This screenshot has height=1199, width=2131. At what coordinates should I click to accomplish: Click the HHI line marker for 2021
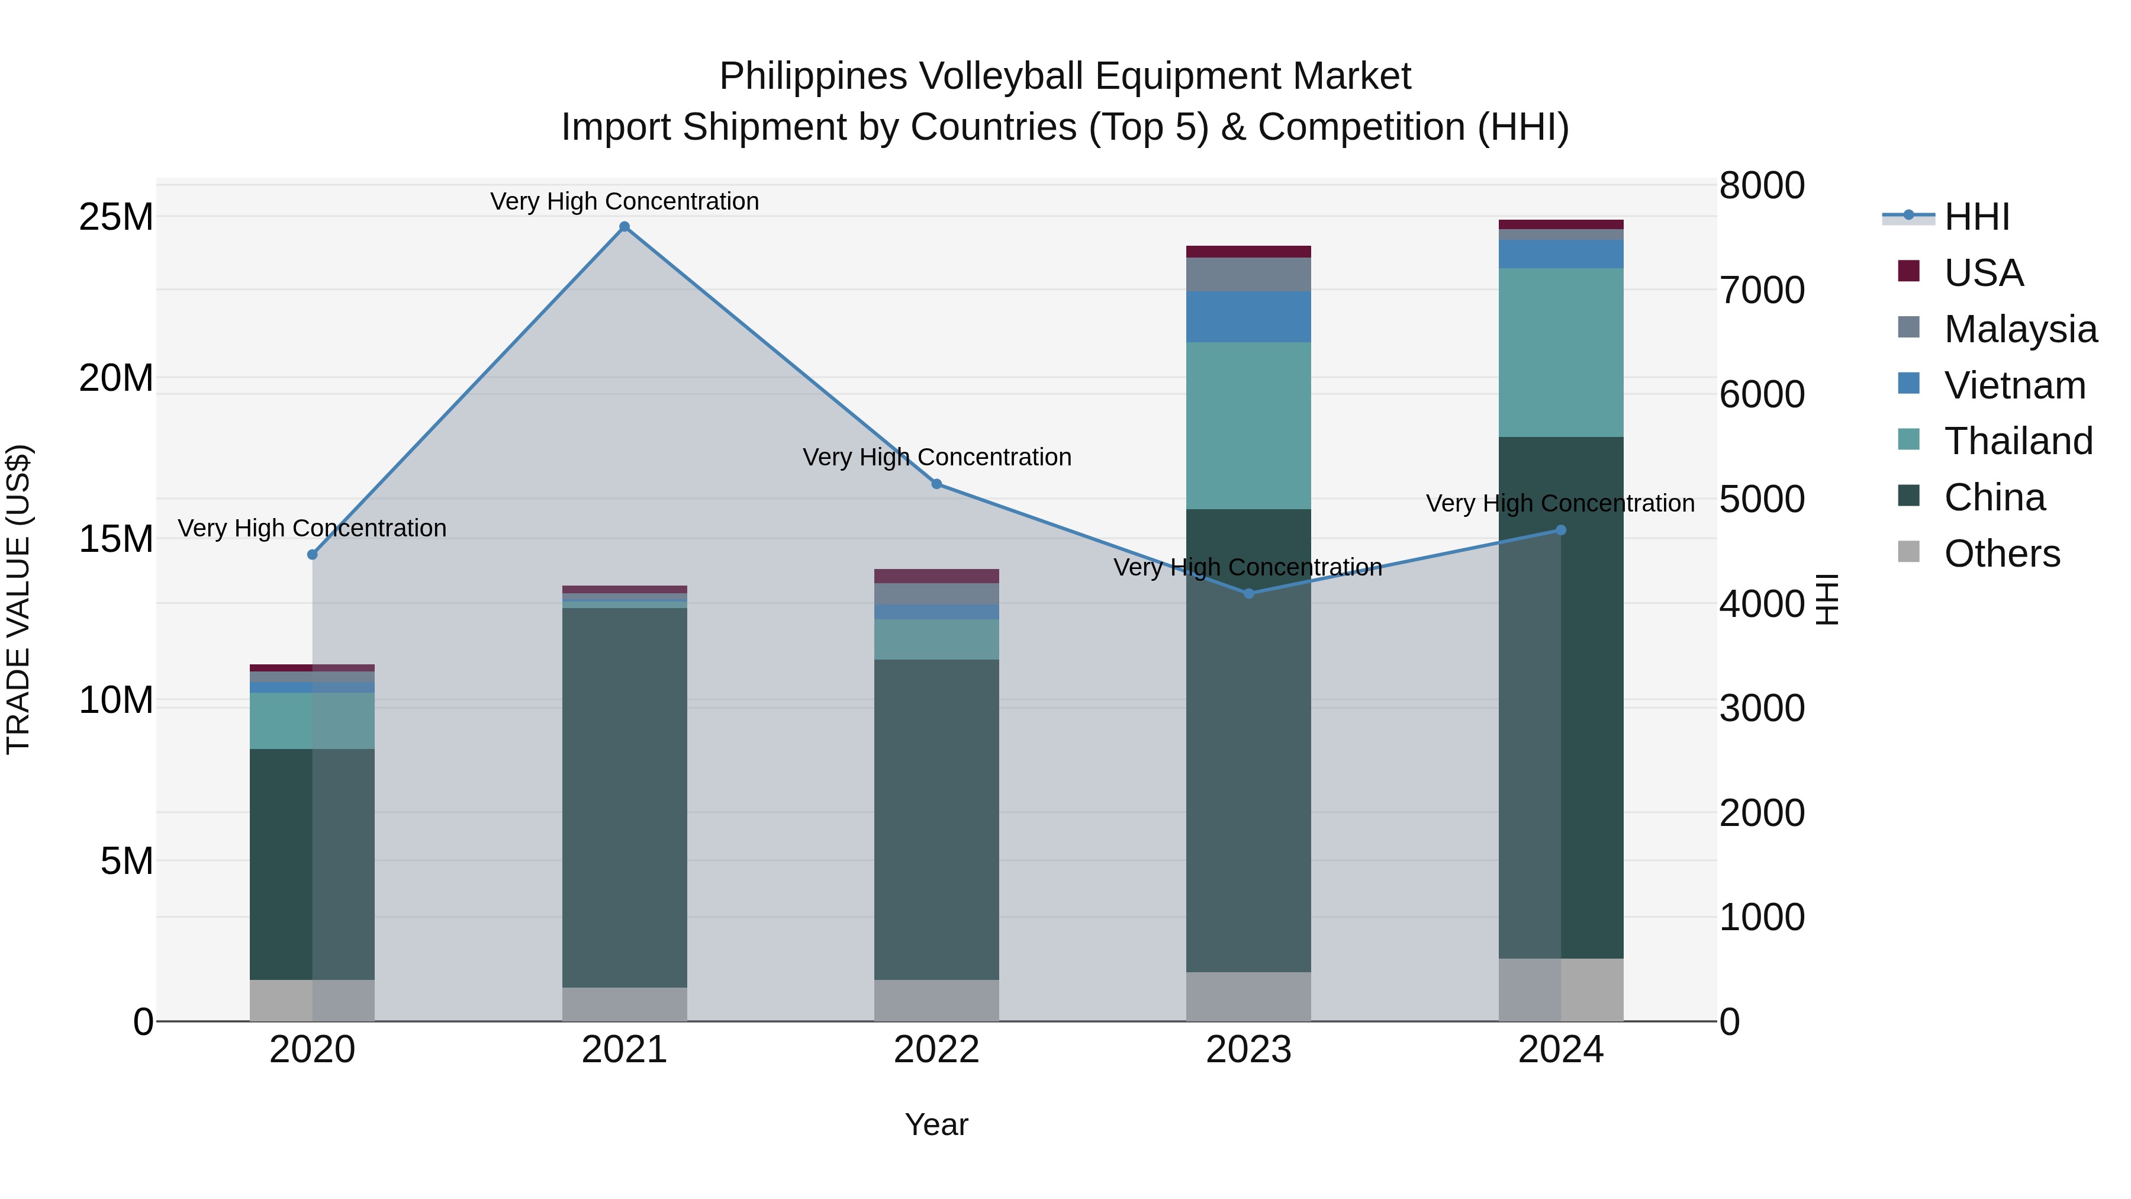click(x=625, y=227)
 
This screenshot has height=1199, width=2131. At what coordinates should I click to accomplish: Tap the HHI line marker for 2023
click(x=1249, y=593)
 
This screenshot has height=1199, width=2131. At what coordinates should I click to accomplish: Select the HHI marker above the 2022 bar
click(x=936, y=484)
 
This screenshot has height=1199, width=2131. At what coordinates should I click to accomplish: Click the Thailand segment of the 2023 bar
click(x=1248, y=425)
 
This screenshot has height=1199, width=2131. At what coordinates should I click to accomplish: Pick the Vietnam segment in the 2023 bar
click(x=1248, y=316)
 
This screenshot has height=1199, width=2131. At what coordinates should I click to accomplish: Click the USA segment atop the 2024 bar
click(x=1561, y=224)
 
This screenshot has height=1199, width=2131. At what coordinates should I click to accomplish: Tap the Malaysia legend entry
click(x=2019, y=329)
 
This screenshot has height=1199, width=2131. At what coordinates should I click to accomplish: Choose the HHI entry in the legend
click(x=1975, y=217)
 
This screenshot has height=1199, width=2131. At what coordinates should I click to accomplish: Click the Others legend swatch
click(x=1908, y=552)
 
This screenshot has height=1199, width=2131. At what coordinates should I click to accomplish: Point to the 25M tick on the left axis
click(x=116, y=217)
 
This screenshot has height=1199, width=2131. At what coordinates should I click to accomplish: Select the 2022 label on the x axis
click(x=936, y=1050)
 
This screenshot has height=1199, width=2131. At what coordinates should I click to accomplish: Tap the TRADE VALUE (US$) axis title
click(x=18, y=599)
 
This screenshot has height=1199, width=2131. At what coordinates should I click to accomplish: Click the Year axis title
click(x=936, y=1124)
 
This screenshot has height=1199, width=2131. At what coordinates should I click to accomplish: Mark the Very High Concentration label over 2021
click(x=625, y=201)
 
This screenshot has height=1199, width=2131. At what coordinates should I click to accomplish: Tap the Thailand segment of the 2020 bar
click(x=312, y=720)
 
